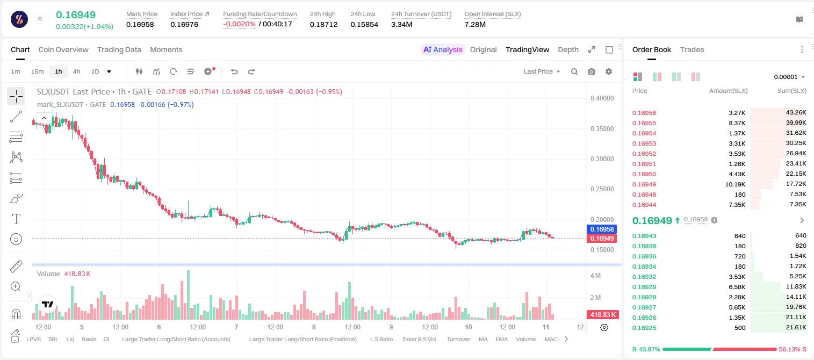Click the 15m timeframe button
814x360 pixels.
coord(37,71)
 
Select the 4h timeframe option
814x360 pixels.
coord(76,71)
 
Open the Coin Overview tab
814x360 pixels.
coord(63,49)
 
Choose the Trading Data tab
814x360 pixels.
coord(119,49)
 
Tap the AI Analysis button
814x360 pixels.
coord(443,49)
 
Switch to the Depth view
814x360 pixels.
coord(568,49)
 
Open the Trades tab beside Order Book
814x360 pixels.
coord(692,49)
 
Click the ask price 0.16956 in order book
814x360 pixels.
coord(644,113)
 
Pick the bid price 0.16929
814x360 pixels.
coord(644,287)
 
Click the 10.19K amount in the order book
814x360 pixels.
coord(735,184)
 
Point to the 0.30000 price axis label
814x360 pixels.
coord(602,159)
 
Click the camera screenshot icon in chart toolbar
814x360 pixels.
coord(592,71)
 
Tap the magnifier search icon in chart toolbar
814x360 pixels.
coord(574,71)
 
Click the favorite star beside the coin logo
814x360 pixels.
coord(40,18)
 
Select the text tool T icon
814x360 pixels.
coord(16,219)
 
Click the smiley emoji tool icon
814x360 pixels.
coord(16,239)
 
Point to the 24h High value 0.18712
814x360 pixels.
coord(323,24)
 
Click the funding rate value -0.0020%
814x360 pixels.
coord(239,24)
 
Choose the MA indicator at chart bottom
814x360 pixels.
coord(483,339)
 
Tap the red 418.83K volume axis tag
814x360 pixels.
coord(602,314)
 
